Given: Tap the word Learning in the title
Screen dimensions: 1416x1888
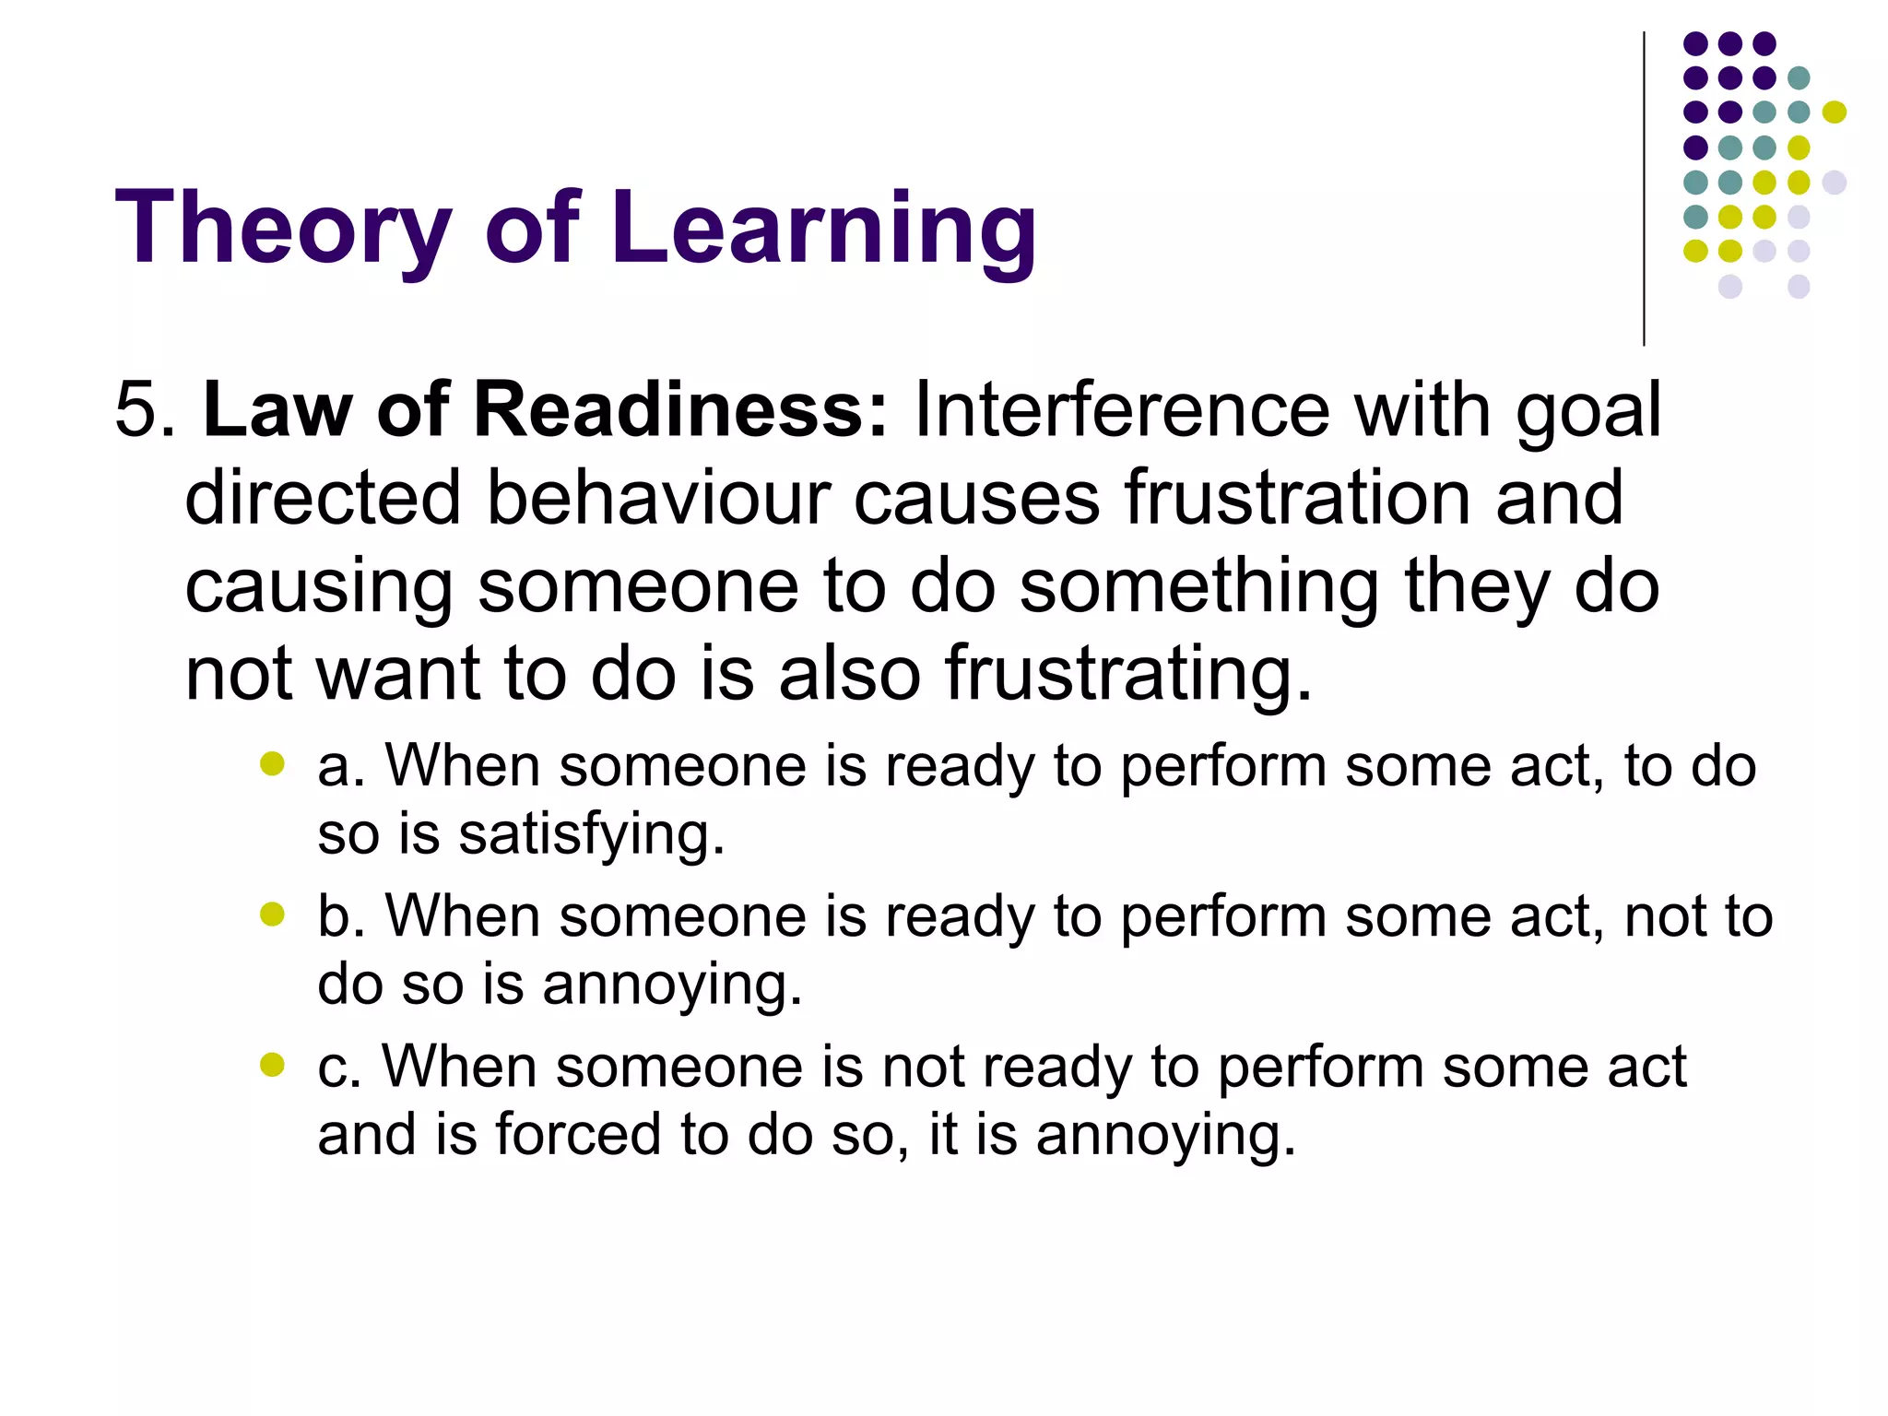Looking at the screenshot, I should click(x=822, y=228).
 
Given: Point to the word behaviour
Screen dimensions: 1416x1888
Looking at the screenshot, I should click(x=658, y=498).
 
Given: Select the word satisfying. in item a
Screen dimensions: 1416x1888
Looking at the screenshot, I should click(x=591, y=835).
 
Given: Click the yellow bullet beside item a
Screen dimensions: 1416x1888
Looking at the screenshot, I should click(x=272, y=763).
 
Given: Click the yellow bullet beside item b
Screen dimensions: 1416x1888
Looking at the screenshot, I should click(x=272, y=914).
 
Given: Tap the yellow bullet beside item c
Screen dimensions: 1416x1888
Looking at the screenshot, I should click(x=272, y=1065).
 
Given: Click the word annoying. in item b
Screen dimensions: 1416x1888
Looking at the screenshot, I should click(x=672, y=985).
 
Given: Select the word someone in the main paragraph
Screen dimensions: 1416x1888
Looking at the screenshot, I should click(x=637, y=587).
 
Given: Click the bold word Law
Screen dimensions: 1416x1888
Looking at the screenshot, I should click(x=277, y=409).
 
